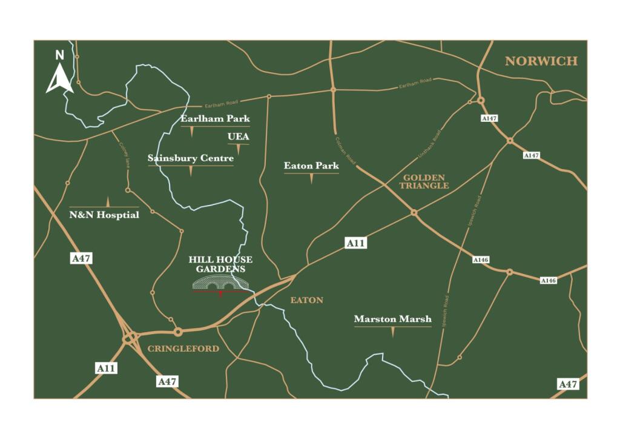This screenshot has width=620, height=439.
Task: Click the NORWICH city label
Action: (x=541, y=61)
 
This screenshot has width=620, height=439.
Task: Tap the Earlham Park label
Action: (x=215, y=119)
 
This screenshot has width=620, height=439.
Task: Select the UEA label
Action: (x=238, y=137)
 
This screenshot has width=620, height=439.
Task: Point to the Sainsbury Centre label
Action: (x=191, y=159)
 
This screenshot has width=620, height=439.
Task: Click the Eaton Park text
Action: (x=311, y=166)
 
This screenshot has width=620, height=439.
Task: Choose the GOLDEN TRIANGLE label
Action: (x=424, y=181)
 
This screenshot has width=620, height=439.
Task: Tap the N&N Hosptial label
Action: (x=104, y=215)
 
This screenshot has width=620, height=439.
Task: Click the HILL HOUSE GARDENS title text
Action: (x=220, y=264)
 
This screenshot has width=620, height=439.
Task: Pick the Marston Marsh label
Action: (x=393, y=319)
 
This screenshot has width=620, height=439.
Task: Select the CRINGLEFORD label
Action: (x=183, y=349)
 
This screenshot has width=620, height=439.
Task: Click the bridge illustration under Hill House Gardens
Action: (x=220, y=283)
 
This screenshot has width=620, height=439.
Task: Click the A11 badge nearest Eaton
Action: (x=356, y=243)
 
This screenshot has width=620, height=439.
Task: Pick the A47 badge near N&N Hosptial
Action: (x=81, y=259)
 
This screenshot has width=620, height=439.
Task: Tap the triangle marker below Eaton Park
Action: (x=311, y=179)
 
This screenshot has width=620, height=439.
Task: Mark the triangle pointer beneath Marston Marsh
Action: (x=393, y=332)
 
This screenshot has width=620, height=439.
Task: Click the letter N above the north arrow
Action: (x=59, y=55)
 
